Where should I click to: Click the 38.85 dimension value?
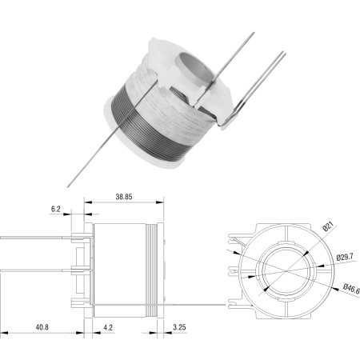pyautogui.click(x=124, y=197)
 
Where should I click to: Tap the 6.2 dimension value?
pyautogui.click(x=56, y=209)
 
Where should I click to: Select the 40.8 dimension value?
pyautogui.click(x=42, y=327)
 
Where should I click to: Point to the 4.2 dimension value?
pyautogui.click(x=108, y=327)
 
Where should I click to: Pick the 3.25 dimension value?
pyautogui.click(x=179, y=327)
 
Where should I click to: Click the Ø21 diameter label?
pyautogui.click(x=328, y=226)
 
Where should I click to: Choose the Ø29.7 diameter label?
pyautogui.click(x=345, y=257)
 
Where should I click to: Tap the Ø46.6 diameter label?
pyautogui.click(x=351, y=289)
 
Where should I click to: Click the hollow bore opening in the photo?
pyautogui.click(x=196, y=66)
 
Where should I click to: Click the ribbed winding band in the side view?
pyautogui.click(x=151, y=270)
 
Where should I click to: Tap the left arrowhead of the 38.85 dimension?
pyautogui.click(x=88, y=202)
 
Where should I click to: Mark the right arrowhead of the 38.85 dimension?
pyautogui.click(x=160, y=202)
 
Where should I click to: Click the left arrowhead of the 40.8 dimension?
pyautogui.click(x=4, y=333)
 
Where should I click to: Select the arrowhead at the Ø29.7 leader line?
pyautogui.click(x=320, y=266)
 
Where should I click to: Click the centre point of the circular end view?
pyautogui.click(x=286, y=271)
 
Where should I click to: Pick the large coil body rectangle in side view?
pyautogui.click(x=120, y=270)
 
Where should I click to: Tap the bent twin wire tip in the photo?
pyautogui.click(x=232, y=118)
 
